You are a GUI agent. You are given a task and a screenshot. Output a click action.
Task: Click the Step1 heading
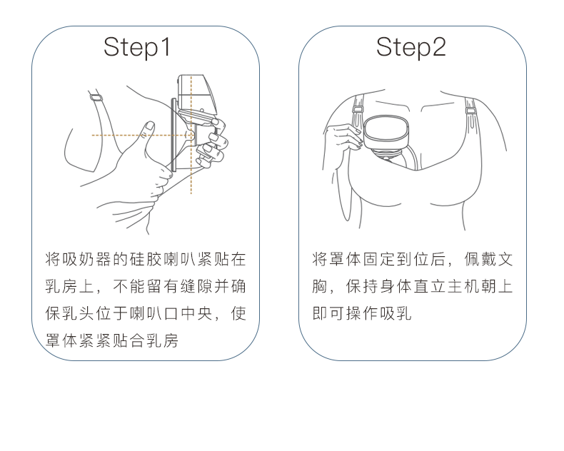pos(137,48)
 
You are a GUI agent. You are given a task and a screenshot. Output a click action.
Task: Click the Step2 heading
pos(411,48)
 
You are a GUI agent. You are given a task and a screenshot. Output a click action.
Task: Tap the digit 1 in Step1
pos(166,46)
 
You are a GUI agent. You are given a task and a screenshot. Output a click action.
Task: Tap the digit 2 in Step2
pos(439,46)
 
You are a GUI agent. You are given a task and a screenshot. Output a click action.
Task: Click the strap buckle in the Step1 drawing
pos(96,97)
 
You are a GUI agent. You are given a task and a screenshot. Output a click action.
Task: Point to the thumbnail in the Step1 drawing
pos(150,126)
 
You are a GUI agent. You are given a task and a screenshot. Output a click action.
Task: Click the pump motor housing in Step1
pos(197,93)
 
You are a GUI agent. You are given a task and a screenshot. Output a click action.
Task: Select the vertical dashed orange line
pos(191,134)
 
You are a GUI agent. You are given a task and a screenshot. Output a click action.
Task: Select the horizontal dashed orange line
pos(143,135)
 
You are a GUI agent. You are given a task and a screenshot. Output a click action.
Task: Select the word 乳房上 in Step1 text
pos(69,287)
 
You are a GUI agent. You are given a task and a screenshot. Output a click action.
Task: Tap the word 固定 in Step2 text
pos(379,259)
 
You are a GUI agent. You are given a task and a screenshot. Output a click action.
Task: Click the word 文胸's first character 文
pos(505,259)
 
